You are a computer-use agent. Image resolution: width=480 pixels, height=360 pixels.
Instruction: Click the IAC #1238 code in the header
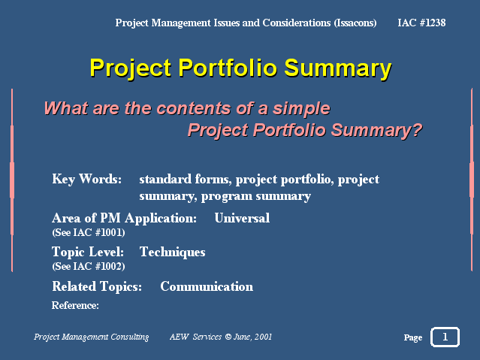[421, 23]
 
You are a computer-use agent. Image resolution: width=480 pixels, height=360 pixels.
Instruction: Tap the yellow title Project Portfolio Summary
[240, 68]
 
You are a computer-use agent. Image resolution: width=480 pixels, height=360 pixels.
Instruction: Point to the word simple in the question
[301, 109]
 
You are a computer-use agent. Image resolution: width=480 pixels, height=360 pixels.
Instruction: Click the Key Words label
[86, 179]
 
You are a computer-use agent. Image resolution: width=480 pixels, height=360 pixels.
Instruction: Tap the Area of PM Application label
[124, 219]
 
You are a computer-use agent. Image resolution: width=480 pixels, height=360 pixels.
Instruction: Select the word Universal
[242, 218]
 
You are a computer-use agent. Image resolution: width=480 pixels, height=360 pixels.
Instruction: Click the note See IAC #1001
[89, 232]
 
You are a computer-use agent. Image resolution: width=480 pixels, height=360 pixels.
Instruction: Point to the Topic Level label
[88, 253]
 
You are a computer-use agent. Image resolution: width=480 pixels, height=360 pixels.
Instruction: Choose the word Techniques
[172, 253]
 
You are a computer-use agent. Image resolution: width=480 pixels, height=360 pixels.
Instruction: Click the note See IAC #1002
[89, 266]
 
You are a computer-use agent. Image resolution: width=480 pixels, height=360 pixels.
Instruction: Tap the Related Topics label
[97, 287]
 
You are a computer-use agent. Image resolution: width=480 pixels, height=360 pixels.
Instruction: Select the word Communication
[207, 287]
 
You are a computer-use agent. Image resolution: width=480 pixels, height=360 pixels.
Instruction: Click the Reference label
[75, 305]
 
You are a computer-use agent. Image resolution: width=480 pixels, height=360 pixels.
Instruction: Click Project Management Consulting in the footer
[91, 337]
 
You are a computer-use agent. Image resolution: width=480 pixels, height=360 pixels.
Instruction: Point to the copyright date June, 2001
[252, 337]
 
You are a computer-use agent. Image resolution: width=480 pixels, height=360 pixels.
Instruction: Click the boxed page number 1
[445, 337]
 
